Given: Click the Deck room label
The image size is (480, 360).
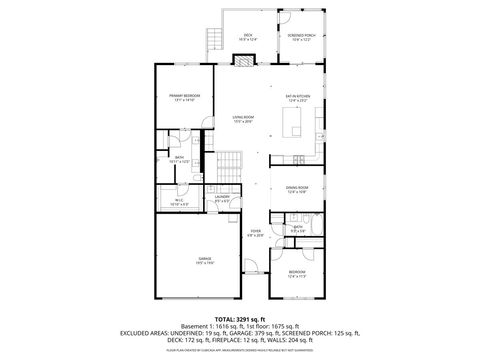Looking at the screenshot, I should coord(247,36).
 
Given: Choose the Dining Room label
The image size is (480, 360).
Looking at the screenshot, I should coord(297,189).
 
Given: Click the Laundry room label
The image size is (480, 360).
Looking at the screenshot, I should coord(222,199).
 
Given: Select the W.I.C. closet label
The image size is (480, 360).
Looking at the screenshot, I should coord(179,200).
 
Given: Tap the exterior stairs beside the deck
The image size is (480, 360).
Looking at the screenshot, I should coord(210,42).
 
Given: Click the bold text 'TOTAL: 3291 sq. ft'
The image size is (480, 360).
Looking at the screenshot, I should coord(240,317).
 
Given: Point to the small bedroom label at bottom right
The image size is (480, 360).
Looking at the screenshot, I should coord(297,273).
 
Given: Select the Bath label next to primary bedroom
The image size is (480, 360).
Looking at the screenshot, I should coord(179,159).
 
